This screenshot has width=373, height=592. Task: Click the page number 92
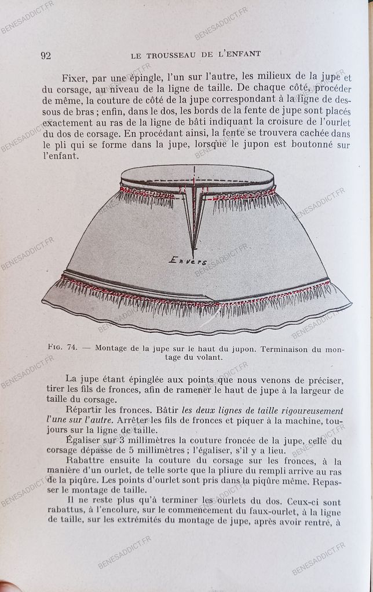click(x=46, y=55)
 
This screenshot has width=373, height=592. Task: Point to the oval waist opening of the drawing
click(x=197, y=176)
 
